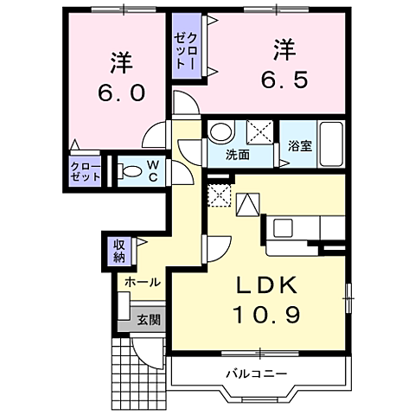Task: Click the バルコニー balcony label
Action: [x=257, y=373]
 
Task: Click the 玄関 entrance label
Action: [x=148, y=320]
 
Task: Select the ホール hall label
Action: [x=141, y=283]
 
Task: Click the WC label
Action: [x=152, y=171]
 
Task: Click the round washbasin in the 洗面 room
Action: [x=221, y=132]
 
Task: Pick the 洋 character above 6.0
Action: [x=119, y=61]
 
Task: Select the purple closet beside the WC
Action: [x=86, y=171]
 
